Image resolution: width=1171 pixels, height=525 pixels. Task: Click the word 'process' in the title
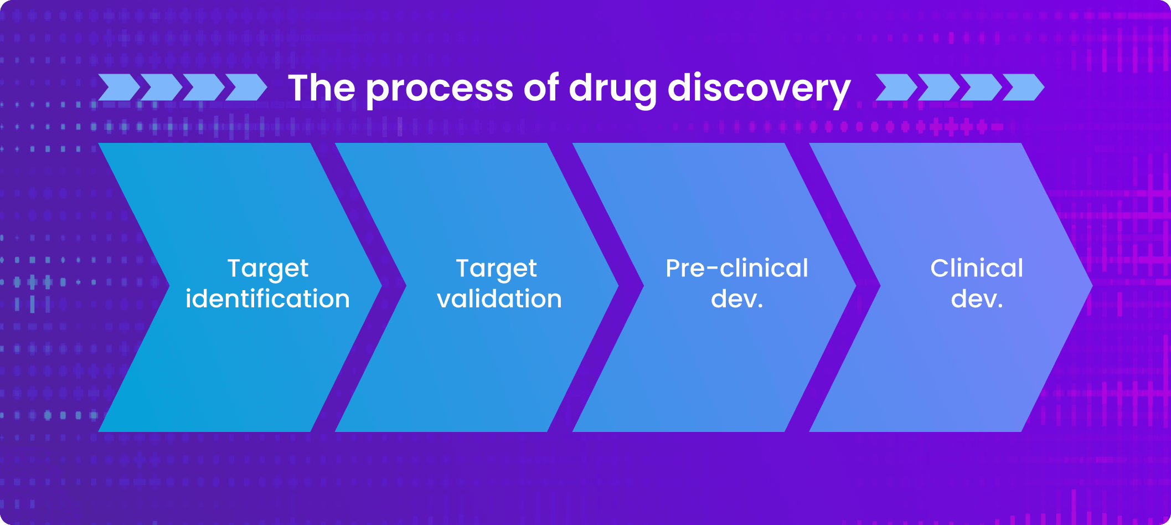(440, 89)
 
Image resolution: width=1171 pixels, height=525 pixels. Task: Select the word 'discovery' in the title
(759, 89)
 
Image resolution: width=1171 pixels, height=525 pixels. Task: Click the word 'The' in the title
(321, 88)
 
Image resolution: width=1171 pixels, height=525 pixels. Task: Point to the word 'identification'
(267, 299)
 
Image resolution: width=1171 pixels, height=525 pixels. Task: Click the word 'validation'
(499, 299)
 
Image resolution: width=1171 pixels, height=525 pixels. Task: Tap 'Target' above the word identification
(268, 269)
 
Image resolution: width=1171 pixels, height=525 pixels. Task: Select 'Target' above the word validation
(497, 269)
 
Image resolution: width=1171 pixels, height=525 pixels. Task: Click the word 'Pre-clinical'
(737, 269)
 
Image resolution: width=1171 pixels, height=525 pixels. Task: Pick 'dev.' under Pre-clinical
(737, 300)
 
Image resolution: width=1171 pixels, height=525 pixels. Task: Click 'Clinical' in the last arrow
(977, 269)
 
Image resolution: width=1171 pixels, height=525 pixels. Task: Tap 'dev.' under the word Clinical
(977, 300)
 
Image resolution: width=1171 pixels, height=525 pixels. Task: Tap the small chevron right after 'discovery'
(896, 87)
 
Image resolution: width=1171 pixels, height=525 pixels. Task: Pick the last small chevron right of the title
(1024, 87)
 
